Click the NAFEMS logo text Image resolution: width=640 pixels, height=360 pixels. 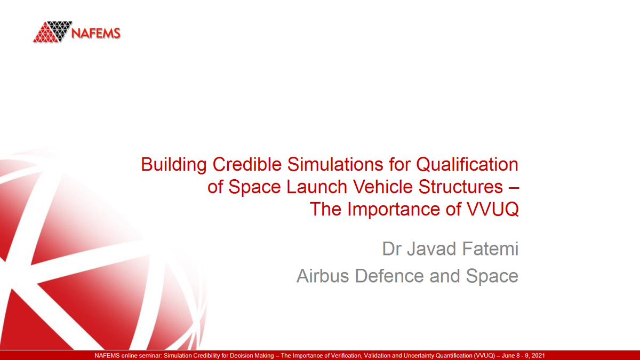(x=96, y=33)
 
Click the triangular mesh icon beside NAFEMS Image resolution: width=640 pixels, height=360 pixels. (x=52, y=32)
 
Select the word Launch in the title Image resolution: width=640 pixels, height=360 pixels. (x=309, y=187)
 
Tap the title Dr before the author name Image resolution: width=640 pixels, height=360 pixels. (x=391, y=249)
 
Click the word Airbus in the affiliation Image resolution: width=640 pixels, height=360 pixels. (x=323, y=276)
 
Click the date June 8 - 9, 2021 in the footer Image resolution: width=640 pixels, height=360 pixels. (x=521, y=355)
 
